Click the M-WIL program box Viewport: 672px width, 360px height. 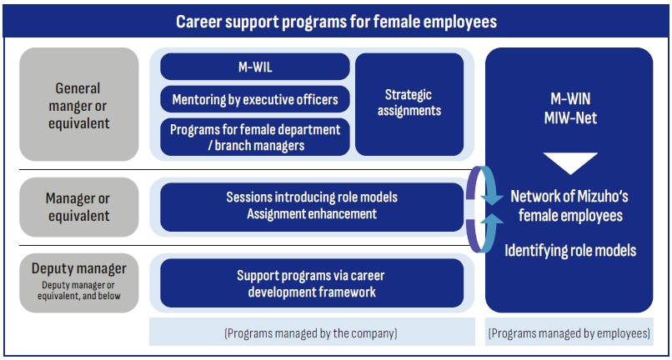point(255,67)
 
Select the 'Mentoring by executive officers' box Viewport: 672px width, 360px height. point(255,99)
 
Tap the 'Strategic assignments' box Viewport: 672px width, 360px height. point(409,104)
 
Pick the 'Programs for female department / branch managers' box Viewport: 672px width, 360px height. point(255,137)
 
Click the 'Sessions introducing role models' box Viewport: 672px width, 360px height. point(312,207)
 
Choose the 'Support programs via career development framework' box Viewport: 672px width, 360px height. point(312,282)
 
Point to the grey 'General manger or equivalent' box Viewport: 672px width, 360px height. point(79,104)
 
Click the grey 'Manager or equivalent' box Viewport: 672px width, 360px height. point(79,207)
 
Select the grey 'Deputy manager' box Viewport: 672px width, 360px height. point(79,282)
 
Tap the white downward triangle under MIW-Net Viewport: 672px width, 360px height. point(570,161)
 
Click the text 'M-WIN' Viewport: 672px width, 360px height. point(570,99)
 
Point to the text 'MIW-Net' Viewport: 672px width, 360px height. point(570,117)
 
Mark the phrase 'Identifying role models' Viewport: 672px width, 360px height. point(570,250)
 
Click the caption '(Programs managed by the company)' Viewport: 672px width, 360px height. point(311,333)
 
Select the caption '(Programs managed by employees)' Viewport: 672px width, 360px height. point(569,333)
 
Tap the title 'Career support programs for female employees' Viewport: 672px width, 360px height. point(337,22)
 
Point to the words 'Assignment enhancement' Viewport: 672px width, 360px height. point(312,213)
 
